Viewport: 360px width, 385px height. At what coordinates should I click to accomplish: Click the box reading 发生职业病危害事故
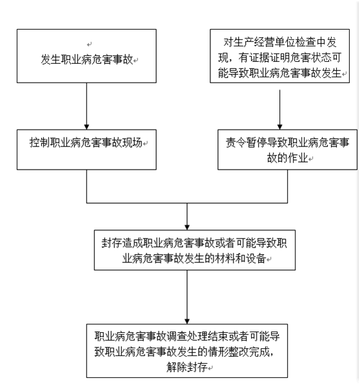click(86, 56)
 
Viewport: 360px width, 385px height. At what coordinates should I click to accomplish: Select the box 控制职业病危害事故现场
click(86, 150)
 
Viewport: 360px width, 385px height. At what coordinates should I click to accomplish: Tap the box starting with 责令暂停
click(287, 150)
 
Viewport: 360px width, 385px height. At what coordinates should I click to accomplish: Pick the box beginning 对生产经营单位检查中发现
click(280, 56)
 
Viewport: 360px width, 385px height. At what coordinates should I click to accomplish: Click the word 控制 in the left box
click(39, 143)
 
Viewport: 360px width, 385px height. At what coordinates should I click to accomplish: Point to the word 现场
click(132, 143)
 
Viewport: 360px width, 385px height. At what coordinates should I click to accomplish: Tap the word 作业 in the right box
click(298, 158)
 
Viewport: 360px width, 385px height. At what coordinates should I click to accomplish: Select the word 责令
click(236, 143)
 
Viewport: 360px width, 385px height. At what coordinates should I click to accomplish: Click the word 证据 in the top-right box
click(259, 57)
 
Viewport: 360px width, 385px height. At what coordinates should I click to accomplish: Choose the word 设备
click(256, 259)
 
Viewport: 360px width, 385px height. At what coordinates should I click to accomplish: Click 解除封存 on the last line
click(187, 367)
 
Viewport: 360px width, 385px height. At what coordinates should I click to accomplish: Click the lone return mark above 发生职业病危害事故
click(89, 44)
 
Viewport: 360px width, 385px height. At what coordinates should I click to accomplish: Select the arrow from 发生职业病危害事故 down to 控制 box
click(86, 106)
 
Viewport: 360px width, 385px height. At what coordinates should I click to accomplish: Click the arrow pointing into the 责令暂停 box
click(280, 110)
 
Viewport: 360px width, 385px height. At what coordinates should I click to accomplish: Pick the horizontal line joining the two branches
click(187, 202)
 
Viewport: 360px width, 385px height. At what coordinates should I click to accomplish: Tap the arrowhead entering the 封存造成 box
click(187, 228)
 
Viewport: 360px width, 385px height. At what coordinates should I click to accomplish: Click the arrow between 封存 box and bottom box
click(187, 297)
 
